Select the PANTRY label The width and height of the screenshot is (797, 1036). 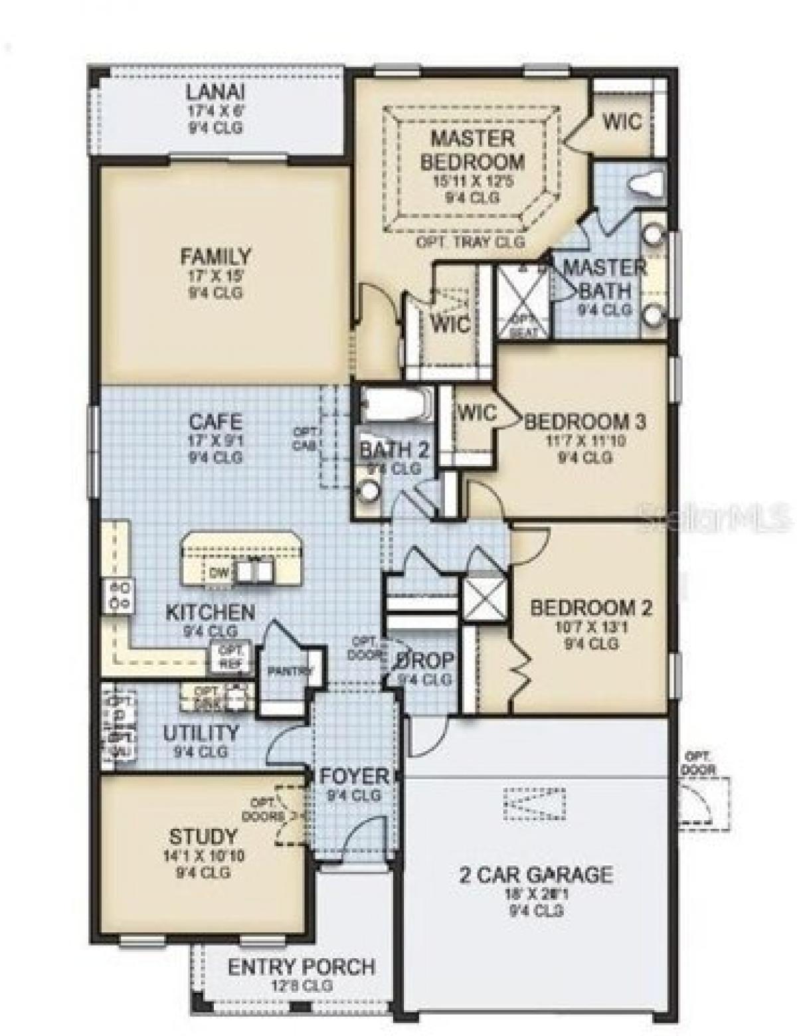pyautogui.click(x=290, y=671)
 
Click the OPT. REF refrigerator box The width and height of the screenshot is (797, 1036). pyautogui.click(x=230, y=655)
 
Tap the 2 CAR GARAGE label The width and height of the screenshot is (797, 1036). pyautogui.click(x=535, y=874)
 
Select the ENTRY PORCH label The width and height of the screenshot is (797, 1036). pyautogui.click(x=301, y=967)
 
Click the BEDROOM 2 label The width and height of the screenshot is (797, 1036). pyautogui.click(x=590, y=607)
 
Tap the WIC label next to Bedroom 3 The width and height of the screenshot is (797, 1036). pyautogui.click(x=476, y=412)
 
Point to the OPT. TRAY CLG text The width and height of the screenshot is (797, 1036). pyautogui.click(x=470, y=242)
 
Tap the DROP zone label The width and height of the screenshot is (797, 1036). pyautogui.click(x=425, y=660)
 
